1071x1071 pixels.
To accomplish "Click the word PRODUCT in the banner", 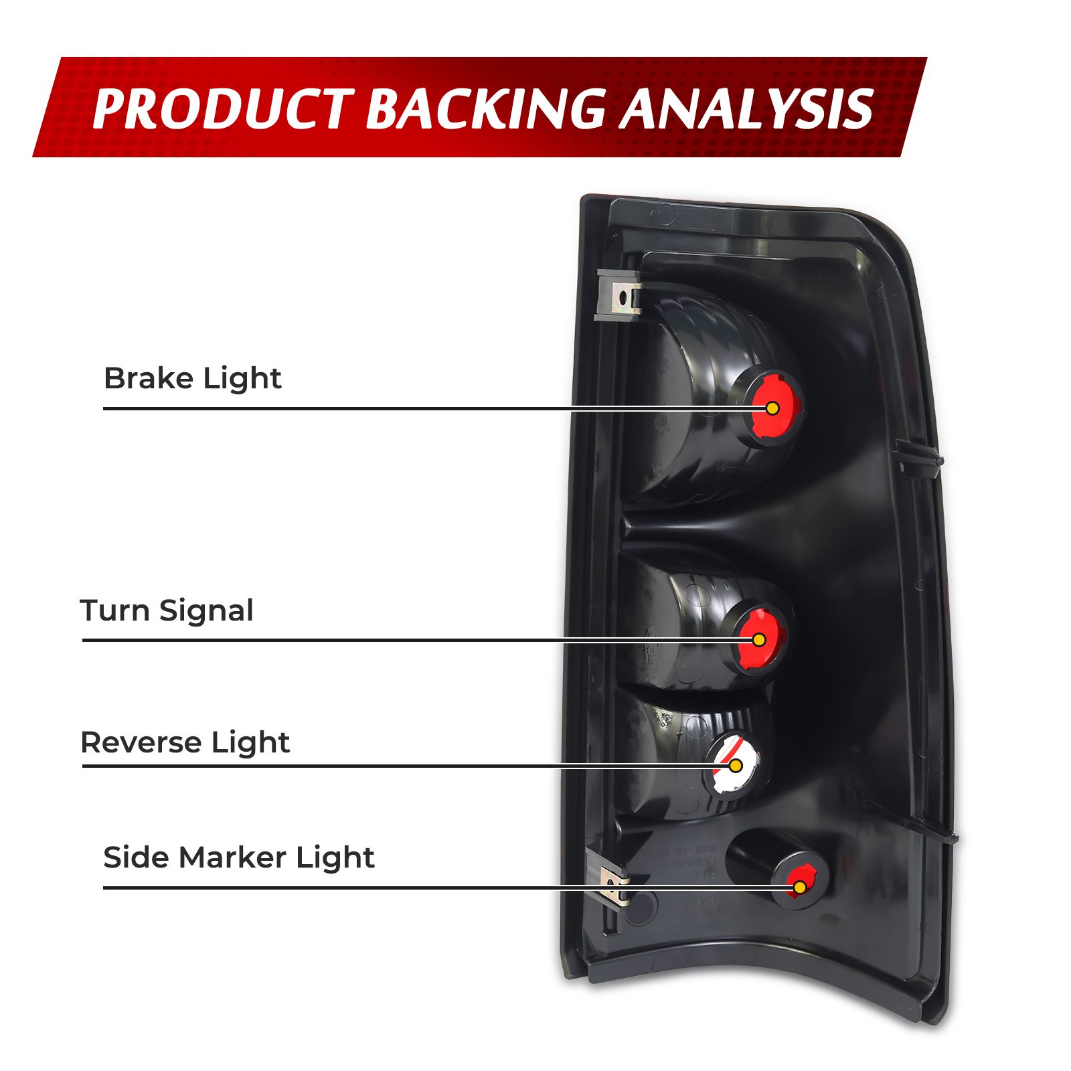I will pyautogui.click(x=223, y=109).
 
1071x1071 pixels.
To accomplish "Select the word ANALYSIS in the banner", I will pyautogui.click(x=746, y=109).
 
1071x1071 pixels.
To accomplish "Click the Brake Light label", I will pyautogui.click(x=192, y=379).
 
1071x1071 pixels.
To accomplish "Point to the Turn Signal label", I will pyautogui.click(x=166, y=611).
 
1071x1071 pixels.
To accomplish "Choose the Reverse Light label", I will pyautogui.click(x=185, y=743).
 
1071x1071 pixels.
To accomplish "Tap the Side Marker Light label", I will pyautogui.click(x=238, y=858).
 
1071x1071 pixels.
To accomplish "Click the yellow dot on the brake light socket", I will pyautogui.click(x=772, y=408).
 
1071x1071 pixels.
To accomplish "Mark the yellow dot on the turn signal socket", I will pyautogui.click(x=759, y=640).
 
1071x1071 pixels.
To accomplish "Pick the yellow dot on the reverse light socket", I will pyautogui.click(x=736, y=765).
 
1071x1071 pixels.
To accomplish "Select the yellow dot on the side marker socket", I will pyautogui.click(x=800, y=888).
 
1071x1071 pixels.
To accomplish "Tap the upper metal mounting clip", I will pyautogui.click(x=620, y=295).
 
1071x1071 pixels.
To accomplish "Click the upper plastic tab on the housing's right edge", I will pyautogui.click(x=920, y=459).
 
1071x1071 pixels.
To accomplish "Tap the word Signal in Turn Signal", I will pyautogui.click(x=206, y=611).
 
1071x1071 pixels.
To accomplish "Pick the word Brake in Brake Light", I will pyautogui.click(x=149, y=379).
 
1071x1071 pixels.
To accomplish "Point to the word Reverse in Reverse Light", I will pyautogui.click(x=141, y=743).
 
